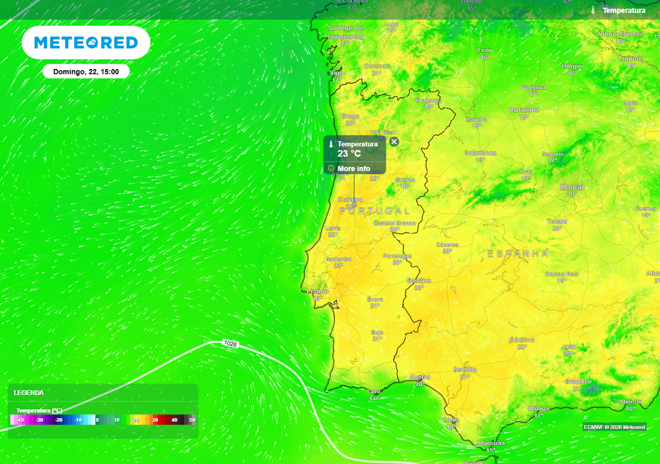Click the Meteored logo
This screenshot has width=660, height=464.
[86, 43]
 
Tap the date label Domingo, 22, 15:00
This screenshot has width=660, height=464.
[86, 72]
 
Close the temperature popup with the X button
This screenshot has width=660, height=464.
[394, 142]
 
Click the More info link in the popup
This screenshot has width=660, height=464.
[354, 169]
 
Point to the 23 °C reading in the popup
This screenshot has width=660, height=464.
[349, 154]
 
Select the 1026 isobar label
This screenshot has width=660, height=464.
[230, 344]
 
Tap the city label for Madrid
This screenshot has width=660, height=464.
[572, 188]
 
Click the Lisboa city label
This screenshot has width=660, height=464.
[317, 291]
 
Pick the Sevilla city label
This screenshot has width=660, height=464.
[465, 369]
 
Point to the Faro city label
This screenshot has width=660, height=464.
[374, 391]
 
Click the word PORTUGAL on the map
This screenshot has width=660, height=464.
[374, 211]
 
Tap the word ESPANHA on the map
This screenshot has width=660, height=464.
[518, 254]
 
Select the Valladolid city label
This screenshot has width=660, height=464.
[524, 110]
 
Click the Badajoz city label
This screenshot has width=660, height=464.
[419, 280]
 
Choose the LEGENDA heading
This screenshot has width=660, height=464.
[29, 392]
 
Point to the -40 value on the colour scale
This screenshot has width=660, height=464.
[21, 420]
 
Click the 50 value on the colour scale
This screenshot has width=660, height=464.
[191, 420]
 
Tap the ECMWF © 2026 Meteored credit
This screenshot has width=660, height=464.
[614, 427]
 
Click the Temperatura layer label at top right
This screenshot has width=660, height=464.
[623, 10]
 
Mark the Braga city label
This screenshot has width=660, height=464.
[351, 116]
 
